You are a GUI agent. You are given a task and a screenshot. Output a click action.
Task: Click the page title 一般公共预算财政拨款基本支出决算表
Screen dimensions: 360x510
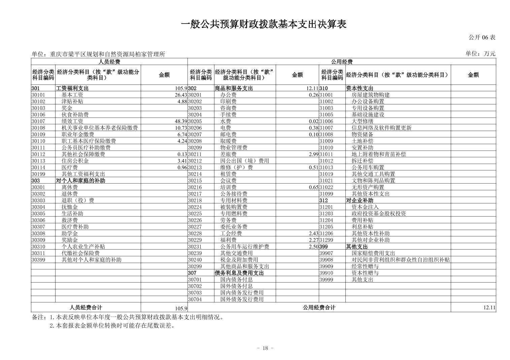pyautogui.click(x=264, y=24)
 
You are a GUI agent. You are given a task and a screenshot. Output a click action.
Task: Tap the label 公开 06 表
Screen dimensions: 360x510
pyautogui.click(x=482, y=37)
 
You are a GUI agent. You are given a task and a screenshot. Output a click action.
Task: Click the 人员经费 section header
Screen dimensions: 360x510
pyautogui.click(x=109, y=62)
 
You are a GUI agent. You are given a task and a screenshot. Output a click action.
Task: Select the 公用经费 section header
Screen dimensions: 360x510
pyautogui.click(x=342, y=62)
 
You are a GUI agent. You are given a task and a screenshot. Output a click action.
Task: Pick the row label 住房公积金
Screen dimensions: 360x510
pyautogui.click(x=75, y=161)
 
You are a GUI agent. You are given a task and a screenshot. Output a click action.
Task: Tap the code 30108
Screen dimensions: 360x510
pyautogui.click(x=38, y=128)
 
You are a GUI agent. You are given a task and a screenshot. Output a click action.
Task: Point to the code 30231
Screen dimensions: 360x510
pyautogui.click(x=195, y=247)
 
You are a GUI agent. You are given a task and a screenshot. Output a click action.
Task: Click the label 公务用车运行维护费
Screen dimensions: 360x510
pyautogui.click(x=245, y=247)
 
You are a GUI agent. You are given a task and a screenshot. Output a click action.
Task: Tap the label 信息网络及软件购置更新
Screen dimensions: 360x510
pyautogui.click(x=381, y=128)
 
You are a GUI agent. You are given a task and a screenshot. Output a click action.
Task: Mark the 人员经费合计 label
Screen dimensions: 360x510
pyautogui.click(x=86, y=307)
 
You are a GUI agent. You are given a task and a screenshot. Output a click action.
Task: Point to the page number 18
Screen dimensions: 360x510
pyautogui.click(x=265, y=348)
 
